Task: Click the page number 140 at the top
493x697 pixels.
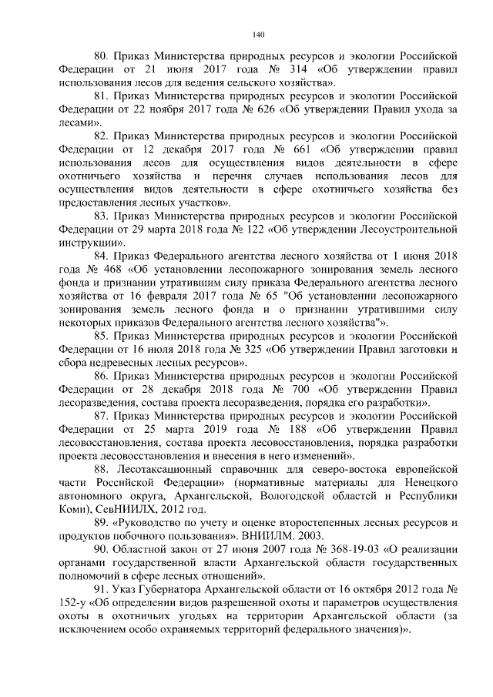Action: coord(259,34)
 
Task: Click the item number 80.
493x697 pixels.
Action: coord(101,56)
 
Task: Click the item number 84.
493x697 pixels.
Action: coord(101,256)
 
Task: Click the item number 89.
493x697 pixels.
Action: coord(101,523)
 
